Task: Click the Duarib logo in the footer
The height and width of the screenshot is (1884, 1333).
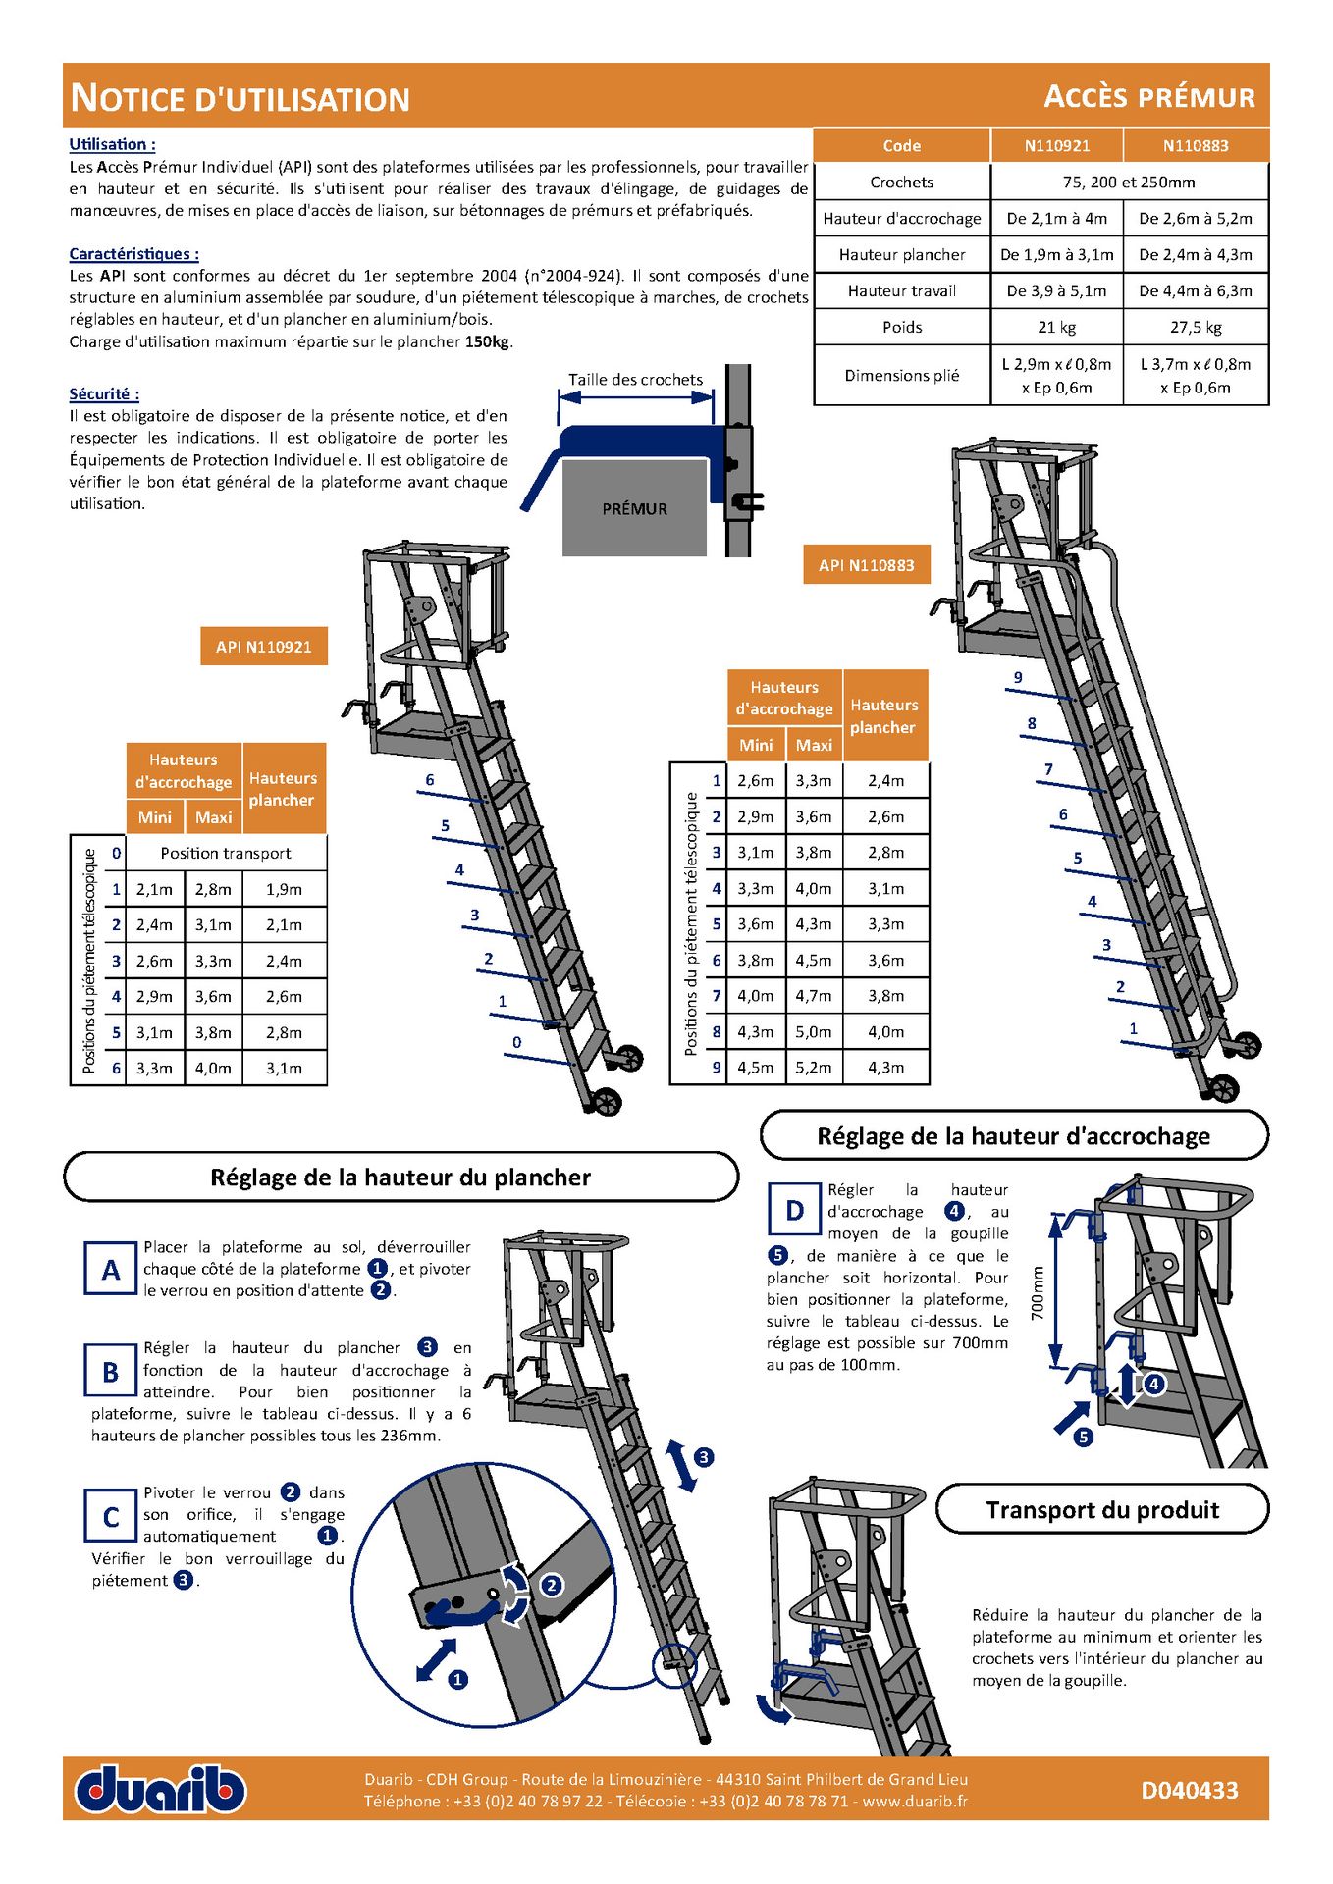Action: click(x=161, y=1789)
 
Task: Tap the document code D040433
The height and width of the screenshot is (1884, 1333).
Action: click(x=1189, y=1791)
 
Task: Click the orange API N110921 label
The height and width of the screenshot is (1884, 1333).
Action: click(x=263, y=647)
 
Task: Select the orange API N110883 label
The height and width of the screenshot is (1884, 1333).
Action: click(x=866, y=565)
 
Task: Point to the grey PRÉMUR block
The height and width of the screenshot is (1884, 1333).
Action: click(x=634, y=508)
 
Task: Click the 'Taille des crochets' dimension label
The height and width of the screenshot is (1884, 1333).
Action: click(x=635, y=380)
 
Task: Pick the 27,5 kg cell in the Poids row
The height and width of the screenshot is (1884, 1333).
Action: click(x=1196, y=327)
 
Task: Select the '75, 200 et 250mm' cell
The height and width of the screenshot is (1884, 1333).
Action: click(x=1128, y=182)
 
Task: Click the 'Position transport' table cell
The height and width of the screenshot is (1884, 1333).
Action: click(x=226, y=853)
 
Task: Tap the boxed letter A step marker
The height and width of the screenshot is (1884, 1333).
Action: click(x=111, y=1270)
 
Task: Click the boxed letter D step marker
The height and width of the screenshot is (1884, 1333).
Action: click(x=795, y=1211)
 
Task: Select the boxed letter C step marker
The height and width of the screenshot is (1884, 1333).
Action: click(x=111, y=1516)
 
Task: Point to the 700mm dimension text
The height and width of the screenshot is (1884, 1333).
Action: click(x=1038, y=1292)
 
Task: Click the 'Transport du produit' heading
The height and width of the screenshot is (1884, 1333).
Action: click(x=1102, y=1510)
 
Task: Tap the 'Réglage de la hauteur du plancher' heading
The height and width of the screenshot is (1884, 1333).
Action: click(x=400, y=1177)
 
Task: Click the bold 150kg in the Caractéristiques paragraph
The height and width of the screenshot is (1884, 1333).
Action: click(x=488, y=341)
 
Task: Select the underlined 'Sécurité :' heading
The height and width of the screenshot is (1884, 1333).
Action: click(x=104, y=394)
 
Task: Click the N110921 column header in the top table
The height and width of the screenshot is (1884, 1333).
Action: click(x=1056, y=146)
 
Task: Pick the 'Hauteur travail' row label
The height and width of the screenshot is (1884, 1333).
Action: click(x=901, y=290)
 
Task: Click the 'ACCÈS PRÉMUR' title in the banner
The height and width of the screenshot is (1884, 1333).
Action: click(x=1148, y=97)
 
